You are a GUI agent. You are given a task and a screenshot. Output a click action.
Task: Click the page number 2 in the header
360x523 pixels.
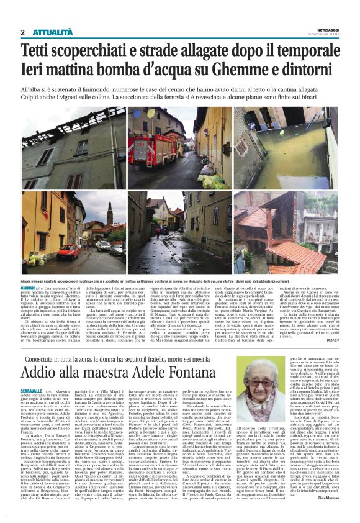22,32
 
